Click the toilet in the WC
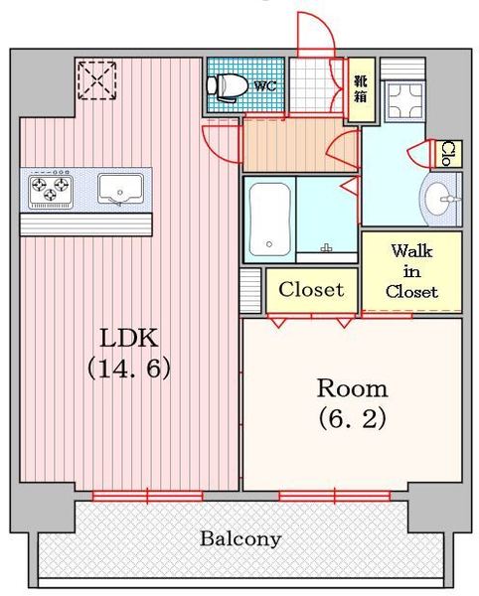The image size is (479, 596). [x=226, y=86]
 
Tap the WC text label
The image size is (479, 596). [x=264, y=86]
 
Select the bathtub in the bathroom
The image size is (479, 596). [x=268, y=219]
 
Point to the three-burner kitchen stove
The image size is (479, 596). [x=51, y=188]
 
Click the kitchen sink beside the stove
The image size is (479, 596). [x=120, y=188]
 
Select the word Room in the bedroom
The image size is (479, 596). [x=351, y=387]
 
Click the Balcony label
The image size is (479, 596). [x=240, y=539]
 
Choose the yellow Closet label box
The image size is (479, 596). [x=311, y=290]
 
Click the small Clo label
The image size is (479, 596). [x=449, y=153]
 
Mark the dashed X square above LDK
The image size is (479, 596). [x=97, y=79]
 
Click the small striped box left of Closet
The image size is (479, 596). [x=251, y=289]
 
